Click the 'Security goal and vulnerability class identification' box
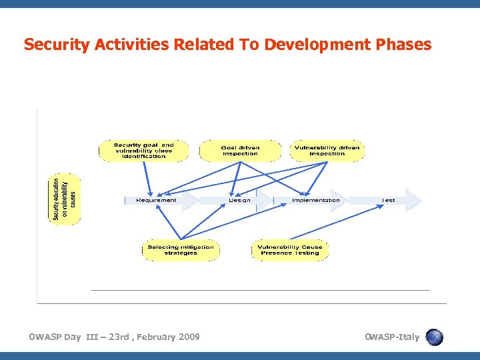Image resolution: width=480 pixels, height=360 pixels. click(x=143, y=151)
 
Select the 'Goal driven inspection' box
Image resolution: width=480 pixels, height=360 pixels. click(x=240, y=151)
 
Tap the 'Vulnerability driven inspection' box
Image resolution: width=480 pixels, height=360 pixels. click(x=327, y=151)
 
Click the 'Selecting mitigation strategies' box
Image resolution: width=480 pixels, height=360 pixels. click(x=181, y=250)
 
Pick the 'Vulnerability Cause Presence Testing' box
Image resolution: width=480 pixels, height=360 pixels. click(x=290, y=250)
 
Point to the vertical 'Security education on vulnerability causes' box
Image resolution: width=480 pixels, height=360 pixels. click(x=65, y=199)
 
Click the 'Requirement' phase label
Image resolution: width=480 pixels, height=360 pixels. click(x=157, y=200)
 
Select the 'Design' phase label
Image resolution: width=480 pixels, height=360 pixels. click(x=240, y=200)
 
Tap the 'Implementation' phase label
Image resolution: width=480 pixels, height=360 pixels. click(x=316, y=200)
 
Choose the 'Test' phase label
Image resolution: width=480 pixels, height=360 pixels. click(x=388, y=200)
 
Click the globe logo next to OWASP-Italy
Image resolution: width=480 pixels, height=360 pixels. click(x=434, y=337)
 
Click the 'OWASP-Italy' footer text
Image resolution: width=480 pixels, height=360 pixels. click(x=392, y=337)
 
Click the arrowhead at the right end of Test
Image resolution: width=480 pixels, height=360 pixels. click(x=415, y=200)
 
